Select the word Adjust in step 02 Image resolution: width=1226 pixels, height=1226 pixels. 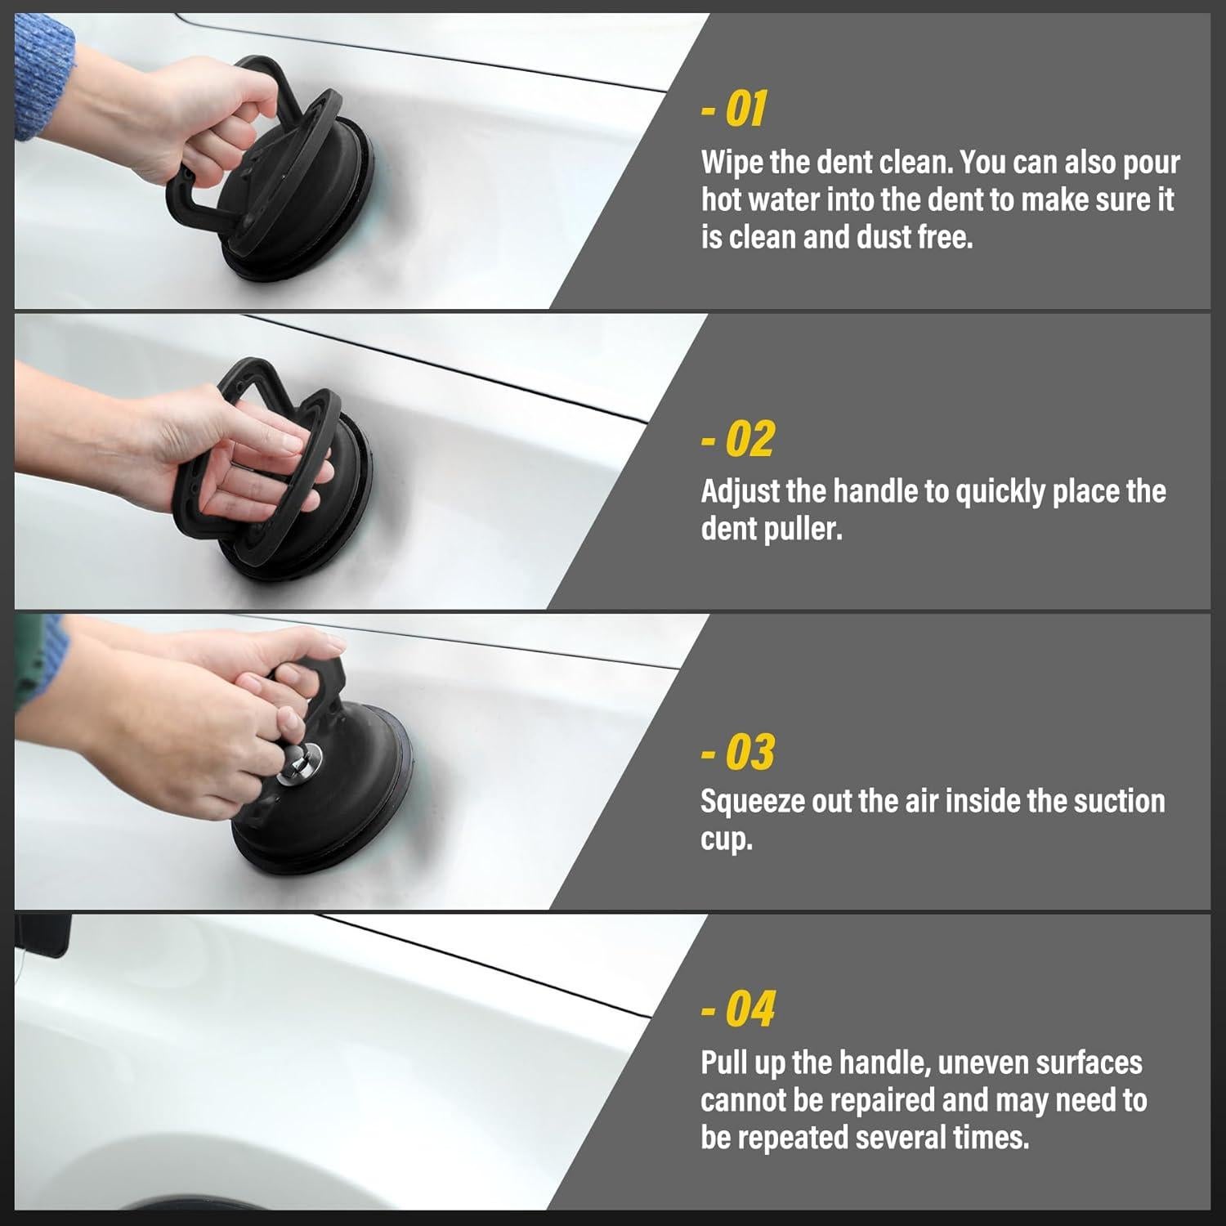click(741, 492)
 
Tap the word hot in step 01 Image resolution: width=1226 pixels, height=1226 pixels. click(722, 200)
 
